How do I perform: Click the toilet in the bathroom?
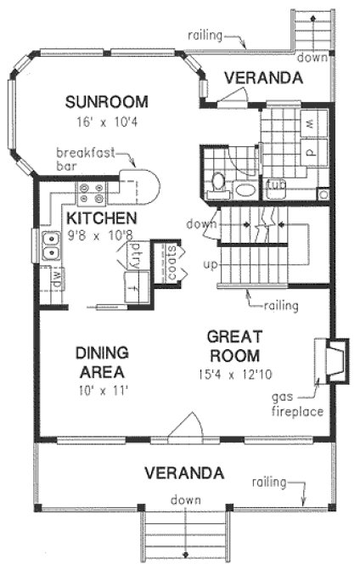pyautogui.click(x=217, y=181)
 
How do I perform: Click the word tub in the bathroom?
pyautogui.click(x=274, y=184)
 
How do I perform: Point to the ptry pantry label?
pyautogui.click(x=133, y=254)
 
